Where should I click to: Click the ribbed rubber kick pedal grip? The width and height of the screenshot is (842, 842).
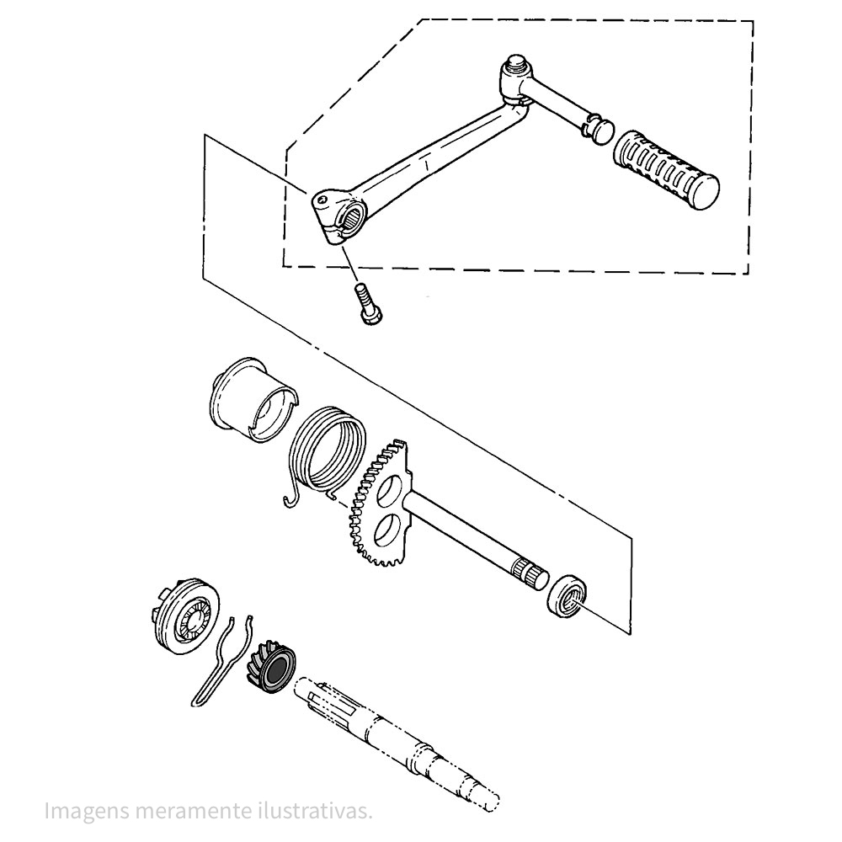[666, 169]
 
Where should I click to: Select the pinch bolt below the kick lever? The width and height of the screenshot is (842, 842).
[366, 304]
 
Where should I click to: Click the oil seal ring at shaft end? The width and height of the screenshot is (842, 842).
[567, 595]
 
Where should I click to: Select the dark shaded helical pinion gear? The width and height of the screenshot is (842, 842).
[271, 667]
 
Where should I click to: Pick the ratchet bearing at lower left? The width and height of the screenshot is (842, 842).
[184, 616]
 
